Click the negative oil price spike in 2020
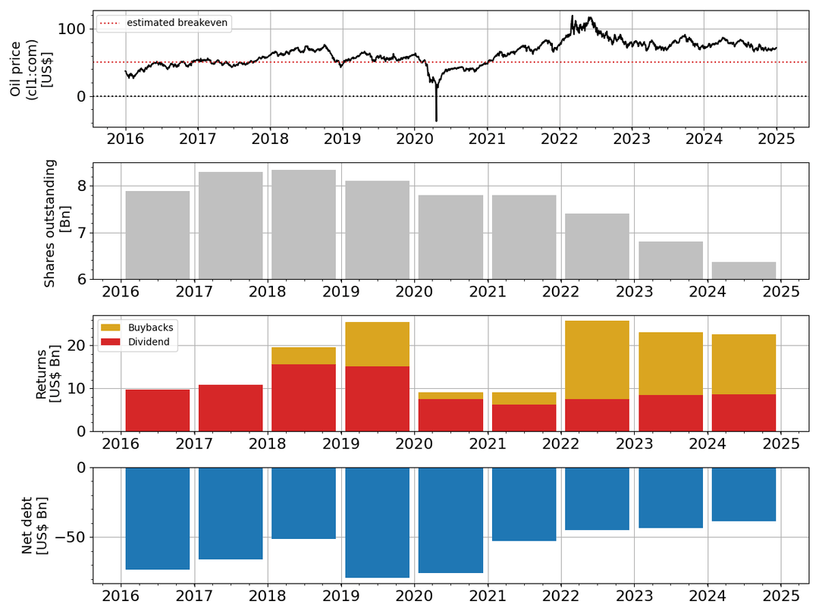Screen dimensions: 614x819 436,114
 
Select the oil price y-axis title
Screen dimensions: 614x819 30,68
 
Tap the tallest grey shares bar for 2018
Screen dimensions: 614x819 303,224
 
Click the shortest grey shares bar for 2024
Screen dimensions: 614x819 743,271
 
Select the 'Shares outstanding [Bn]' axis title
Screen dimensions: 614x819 57,222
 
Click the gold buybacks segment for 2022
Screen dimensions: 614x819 597,359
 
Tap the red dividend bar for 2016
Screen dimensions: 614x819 157,410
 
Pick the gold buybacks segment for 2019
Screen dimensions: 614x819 377,344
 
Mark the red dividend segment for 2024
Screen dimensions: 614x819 743,412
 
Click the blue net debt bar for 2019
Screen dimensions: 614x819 377,522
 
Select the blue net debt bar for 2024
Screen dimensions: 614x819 743,494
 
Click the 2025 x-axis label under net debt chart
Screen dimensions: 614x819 780,595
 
